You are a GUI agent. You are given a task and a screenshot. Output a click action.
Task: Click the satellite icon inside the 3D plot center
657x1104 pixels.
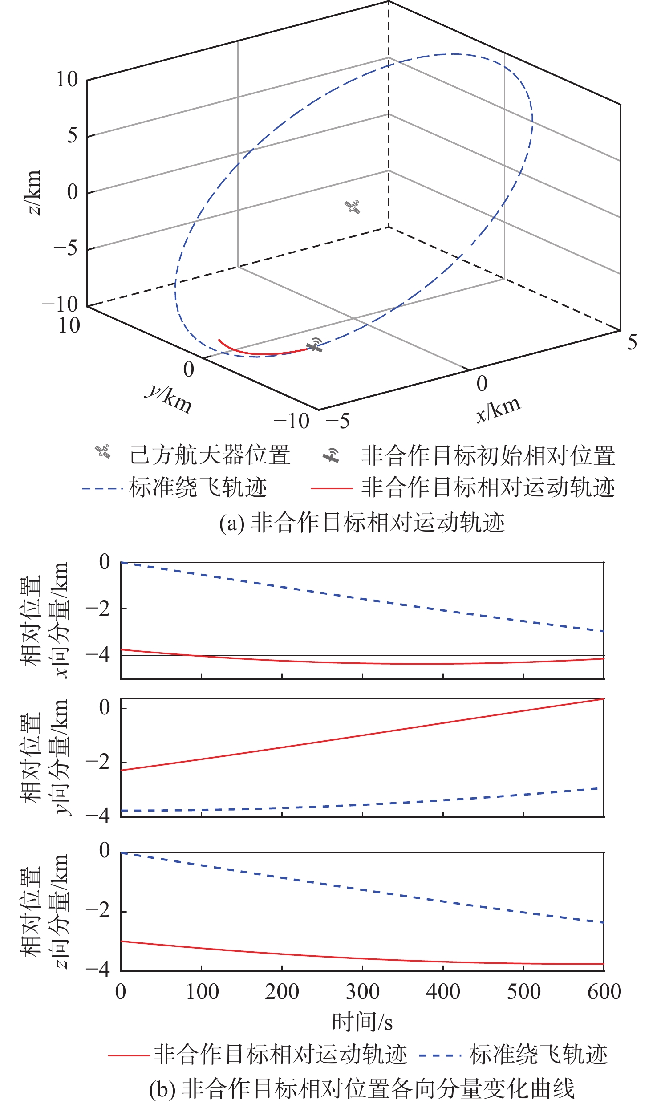353,207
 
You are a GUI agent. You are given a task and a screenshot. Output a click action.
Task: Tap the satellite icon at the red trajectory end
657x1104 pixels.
315,345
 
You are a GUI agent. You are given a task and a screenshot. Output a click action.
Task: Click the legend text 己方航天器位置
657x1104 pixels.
210,455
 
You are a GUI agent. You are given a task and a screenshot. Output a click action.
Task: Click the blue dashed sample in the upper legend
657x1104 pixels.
102,489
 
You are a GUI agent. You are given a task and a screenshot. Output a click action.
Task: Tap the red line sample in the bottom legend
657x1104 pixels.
129,1055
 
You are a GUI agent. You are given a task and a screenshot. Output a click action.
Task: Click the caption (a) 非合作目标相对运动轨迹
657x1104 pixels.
362,523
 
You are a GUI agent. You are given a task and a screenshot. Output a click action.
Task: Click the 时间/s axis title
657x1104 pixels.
362,1022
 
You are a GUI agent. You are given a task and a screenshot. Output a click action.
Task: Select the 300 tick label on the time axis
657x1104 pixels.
362,992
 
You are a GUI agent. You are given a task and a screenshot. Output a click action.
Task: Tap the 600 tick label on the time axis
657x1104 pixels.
604,992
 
